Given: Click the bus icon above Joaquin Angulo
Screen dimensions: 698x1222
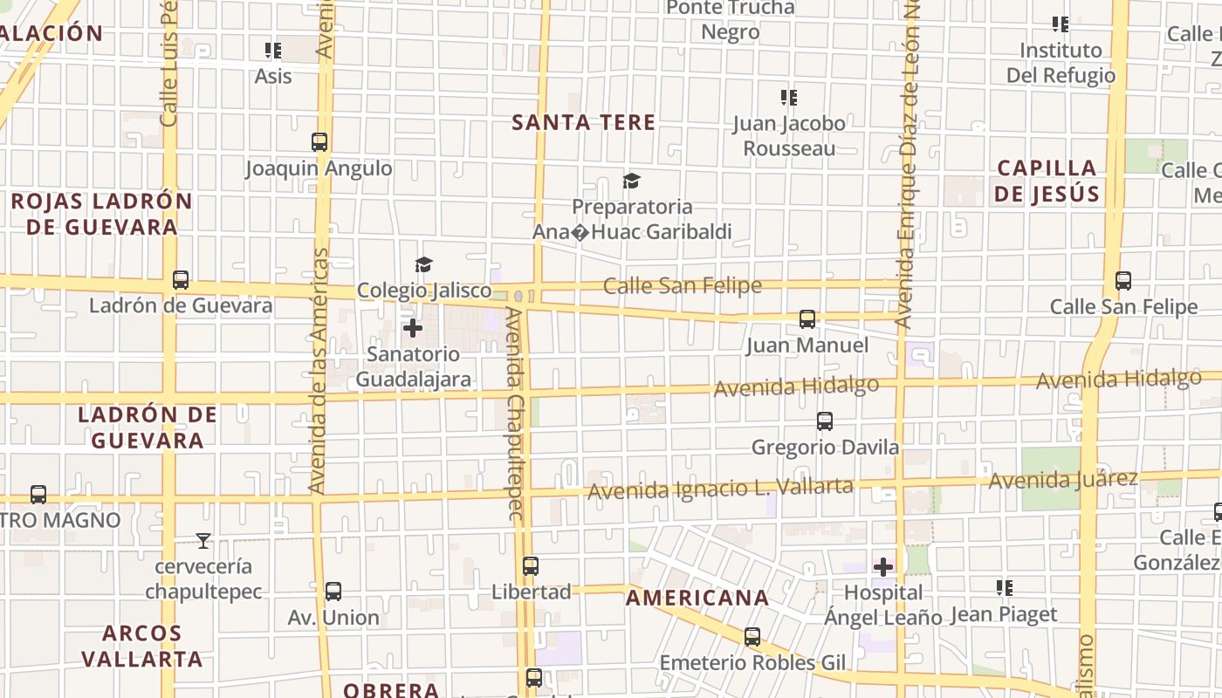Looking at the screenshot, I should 319,142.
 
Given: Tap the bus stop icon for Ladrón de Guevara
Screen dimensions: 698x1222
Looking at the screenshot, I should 181,280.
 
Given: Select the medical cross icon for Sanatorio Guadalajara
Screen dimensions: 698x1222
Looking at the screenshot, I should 413,328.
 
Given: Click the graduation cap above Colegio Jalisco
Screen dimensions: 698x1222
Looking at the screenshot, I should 423,264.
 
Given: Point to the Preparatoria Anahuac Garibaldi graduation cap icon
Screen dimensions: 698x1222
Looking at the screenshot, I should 631,181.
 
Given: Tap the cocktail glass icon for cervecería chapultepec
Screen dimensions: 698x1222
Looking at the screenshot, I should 203,541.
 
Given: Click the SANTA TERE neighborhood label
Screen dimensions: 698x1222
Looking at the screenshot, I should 583,122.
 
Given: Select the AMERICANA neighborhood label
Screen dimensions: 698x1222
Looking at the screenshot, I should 697,598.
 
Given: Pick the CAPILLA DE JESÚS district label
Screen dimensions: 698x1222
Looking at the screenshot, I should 1047,181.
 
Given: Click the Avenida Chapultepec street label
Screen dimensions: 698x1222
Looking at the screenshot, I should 515,414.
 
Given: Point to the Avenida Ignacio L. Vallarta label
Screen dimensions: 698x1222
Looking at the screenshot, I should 720,489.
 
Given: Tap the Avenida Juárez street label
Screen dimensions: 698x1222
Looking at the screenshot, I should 1062,479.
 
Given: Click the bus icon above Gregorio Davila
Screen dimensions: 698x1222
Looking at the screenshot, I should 825,421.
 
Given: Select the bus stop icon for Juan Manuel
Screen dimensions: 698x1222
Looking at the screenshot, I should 807,319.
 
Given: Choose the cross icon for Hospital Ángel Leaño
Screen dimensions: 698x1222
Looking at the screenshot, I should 883,567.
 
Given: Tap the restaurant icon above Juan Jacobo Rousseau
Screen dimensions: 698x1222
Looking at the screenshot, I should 788,97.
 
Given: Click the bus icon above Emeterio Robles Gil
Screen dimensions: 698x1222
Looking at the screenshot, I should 752,637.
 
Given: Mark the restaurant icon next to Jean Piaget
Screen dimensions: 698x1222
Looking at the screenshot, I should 1005,588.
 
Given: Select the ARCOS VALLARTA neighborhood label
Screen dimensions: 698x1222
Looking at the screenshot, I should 142,646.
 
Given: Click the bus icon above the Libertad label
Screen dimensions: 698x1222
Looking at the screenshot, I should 531,565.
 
